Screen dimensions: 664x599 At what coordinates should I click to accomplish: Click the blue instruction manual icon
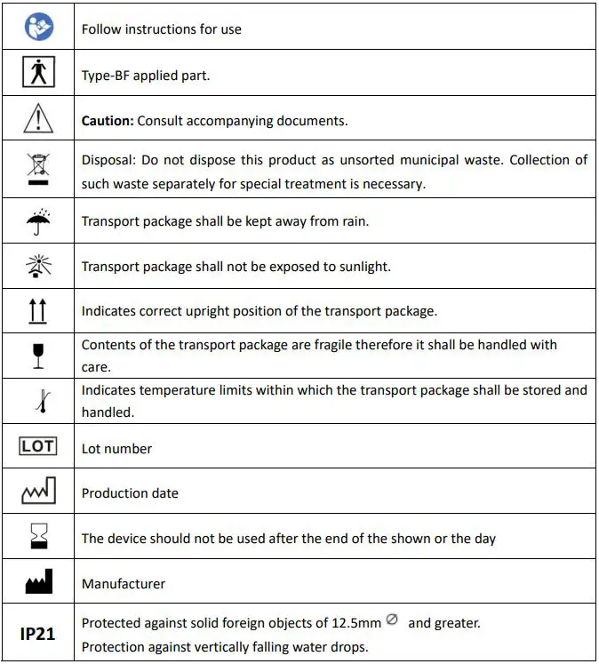38,27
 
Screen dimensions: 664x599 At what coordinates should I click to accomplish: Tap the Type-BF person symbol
38,74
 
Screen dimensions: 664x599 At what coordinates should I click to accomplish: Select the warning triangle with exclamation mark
38,120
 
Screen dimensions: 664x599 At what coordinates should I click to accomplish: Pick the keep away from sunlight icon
38,266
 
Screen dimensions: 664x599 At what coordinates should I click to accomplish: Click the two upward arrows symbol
38,311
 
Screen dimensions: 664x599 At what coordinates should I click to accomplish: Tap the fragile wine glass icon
38,355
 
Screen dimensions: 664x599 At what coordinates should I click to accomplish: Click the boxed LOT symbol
38,446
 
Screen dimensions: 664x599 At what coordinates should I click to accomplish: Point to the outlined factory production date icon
38,492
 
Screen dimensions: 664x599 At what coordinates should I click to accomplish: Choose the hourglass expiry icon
38,538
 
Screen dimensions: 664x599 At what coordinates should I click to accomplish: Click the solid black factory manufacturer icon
38,583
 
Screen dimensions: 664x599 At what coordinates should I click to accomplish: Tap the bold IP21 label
38,634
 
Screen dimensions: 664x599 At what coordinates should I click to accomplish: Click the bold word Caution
106,121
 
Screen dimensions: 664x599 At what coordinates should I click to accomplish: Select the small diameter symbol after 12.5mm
392,620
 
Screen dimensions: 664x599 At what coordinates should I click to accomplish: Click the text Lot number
116,449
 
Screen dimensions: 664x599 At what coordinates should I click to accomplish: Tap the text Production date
130,493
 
